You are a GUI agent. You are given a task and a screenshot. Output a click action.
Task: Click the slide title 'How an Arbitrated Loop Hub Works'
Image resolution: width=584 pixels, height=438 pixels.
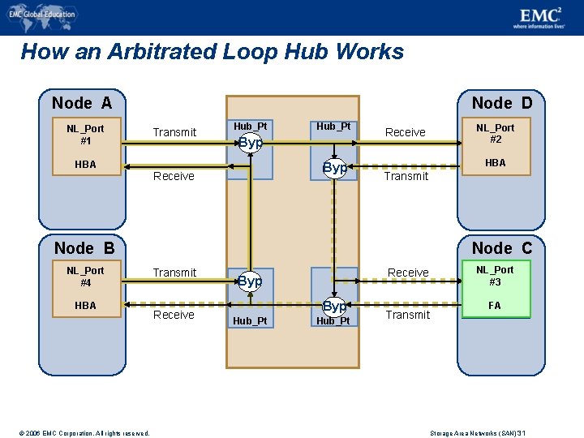[x=212, y=52]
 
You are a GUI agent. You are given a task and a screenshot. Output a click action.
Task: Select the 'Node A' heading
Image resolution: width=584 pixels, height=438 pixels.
[x=82, y=103]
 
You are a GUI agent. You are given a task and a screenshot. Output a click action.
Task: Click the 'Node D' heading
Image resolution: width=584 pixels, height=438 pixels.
[x=502, y=103]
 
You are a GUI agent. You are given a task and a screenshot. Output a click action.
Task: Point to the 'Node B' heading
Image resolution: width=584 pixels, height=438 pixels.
[x=84, y=248]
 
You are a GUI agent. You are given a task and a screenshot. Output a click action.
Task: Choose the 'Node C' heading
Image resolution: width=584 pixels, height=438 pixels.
[x=502, y=248]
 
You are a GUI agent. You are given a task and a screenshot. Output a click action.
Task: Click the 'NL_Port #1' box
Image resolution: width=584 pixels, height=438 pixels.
[x=85, y=135]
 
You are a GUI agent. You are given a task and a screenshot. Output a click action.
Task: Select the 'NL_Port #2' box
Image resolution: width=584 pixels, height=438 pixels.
[x=495, y=134]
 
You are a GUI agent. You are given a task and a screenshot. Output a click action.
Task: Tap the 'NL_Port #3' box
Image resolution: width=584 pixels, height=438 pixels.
[x=495, y=276]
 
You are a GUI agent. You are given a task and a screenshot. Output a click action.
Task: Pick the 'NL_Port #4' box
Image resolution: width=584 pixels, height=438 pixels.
[x=85, y=277]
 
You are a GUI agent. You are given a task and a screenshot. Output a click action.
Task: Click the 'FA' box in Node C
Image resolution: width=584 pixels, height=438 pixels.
[x=495, y=306]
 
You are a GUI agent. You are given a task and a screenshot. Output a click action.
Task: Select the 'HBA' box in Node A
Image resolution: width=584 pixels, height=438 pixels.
[x=85, y=165]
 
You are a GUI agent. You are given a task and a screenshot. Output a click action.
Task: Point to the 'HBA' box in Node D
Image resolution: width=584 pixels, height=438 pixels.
[x=495, y=163]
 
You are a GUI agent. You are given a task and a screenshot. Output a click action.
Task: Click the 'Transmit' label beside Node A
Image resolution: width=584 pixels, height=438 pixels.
[x=175, y=132]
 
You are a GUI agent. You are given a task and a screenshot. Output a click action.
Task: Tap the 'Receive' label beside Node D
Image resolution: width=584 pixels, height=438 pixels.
[x=406, y=132]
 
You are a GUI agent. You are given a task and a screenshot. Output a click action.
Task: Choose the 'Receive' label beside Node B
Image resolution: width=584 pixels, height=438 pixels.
[x=174, y=315]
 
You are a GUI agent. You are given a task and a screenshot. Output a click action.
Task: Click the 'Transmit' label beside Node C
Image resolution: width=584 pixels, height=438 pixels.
[x=407, y=315]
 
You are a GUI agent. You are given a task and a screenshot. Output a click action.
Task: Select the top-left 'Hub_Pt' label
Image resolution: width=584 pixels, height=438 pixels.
[x=250, y=126]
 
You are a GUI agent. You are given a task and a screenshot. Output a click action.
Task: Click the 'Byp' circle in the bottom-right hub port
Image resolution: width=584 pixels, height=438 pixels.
[x=334, y=307]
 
